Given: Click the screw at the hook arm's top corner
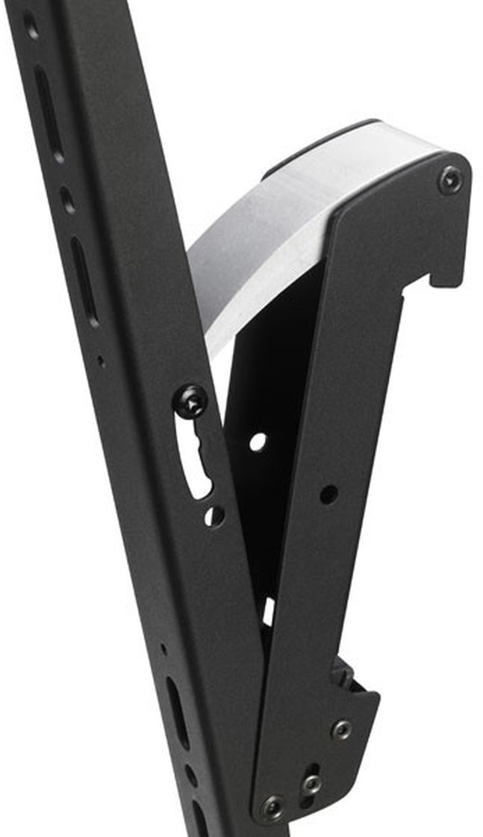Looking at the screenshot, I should [449, 180].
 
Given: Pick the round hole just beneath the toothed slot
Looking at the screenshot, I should [214, 515].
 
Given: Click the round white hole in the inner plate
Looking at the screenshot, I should [258, 442].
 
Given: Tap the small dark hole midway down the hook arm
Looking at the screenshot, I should [327, 493].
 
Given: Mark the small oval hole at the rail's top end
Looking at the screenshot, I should [31, 27].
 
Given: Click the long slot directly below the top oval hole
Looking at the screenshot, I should [49, 112].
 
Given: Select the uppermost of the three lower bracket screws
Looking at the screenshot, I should [342, 729].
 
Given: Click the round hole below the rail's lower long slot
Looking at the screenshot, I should [192, 774].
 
